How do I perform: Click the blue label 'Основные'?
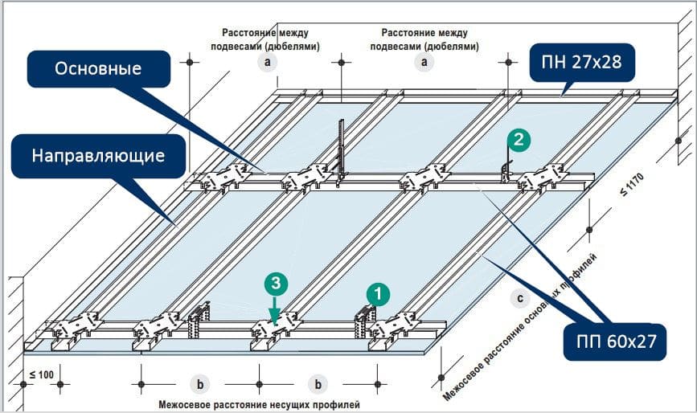98,69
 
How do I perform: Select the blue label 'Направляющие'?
98,155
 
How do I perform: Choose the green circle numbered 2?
519,139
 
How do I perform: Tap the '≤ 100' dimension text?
42,374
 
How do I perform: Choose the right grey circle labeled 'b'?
318,383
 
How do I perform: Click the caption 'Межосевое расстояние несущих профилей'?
259,404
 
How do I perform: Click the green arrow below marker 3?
276,306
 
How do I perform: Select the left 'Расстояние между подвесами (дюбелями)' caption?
265,39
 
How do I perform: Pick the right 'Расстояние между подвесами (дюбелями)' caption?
424,39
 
